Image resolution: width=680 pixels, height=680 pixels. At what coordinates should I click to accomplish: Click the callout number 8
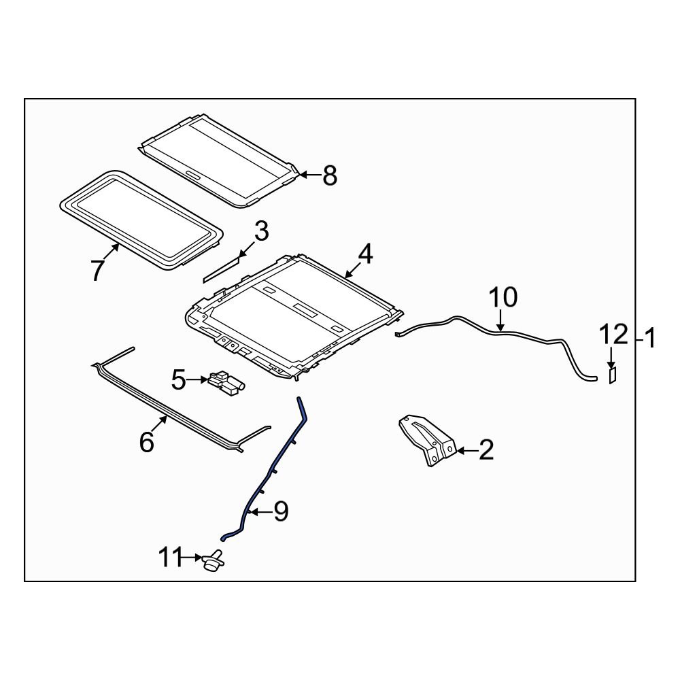click(x=329, y=176)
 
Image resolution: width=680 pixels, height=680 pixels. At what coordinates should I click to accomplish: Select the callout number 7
click(x=98, y=270)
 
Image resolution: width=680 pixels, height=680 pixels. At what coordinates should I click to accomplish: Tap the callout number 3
click(x=262, y=231)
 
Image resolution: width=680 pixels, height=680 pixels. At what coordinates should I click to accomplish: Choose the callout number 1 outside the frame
click(x=649, y=338)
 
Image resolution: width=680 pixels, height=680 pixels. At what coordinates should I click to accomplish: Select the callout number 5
click(x=178, y=380)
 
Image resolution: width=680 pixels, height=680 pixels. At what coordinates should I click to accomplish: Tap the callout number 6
click(x=147, y=442)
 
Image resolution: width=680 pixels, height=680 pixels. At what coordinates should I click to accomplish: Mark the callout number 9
click(x=281, y=511)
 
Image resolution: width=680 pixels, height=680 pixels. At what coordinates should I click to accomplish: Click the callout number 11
click(x=171, y=559)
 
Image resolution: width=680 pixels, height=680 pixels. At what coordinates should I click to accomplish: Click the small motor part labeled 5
click(x=227, y=382)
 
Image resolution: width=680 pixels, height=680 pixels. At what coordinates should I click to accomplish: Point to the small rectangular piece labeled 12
click(x=611, y=375)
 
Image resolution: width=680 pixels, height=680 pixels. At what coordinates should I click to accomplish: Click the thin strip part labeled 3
click(x=222, y=269)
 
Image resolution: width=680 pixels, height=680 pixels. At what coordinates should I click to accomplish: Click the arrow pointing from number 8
click(x=308, y=175)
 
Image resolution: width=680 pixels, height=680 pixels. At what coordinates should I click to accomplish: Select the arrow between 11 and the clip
click(x=192, y=559)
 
